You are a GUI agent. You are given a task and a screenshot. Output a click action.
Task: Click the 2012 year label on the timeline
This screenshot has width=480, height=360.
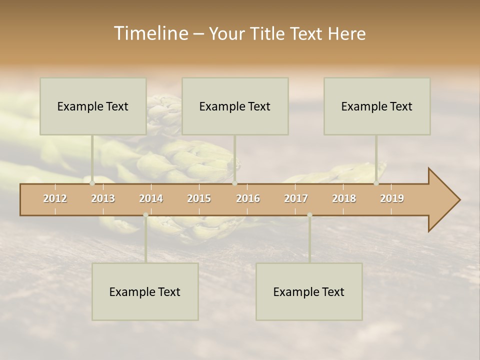pyautogui.click(x=55, y=198)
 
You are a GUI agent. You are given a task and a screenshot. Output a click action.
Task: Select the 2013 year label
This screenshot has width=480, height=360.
pyautogui.click(x=103, y=198)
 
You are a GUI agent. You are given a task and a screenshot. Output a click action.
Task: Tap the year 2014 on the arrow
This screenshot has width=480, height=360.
pyautogui.click(x=151, y=198)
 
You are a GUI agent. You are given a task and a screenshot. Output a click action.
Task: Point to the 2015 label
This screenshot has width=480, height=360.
pyautogui.click(x=199, y=198)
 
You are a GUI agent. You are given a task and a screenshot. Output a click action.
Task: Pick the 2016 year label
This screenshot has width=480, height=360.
pyautogui.click(x=248, y=198)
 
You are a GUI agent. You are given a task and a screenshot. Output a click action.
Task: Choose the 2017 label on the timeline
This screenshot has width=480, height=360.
pyautogui.click(x=296, y=198)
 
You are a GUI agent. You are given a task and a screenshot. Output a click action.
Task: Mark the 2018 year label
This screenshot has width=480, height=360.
pyautogui.click(x=344, y=198)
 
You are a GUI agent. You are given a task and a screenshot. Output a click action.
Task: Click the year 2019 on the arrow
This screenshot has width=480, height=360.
pyautogui.click(x=392, y=198)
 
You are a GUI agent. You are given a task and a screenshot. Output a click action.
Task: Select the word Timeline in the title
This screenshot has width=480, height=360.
pyautogui.click(x=150, y=33)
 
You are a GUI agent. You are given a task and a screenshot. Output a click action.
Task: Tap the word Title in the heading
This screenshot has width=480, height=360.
pyautogui.click(x=268, y=34)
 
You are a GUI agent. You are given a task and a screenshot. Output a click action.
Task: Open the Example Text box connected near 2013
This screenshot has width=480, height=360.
pyautogui.click(x=93, y=106)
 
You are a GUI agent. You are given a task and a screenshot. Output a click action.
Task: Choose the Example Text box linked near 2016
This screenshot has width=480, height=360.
pyautogui.click(x=235, y=106)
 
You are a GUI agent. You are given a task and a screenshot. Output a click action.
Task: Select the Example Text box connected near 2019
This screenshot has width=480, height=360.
pyautogui.click(x=377, y=106)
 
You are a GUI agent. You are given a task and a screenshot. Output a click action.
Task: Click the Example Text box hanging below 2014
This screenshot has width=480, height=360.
pyautogui.click(x=145, y=291)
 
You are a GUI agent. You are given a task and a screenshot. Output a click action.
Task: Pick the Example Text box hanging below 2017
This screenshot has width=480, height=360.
pyautogui.click(x=309, y=291)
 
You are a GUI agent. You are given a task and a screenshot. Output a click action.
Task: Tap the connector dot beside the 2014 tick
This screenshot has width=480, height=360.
pyautogui.click(x=145, y=215)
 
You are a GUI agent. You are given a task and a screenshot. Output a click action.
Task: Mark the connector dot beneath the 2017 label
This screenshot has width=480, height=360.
pyautogui.click(x=309, y=215)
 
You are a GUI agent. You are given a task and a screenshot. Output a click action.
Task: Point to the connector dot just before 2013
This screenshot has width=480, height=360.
pyautogui.click(x=92, y=183)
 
